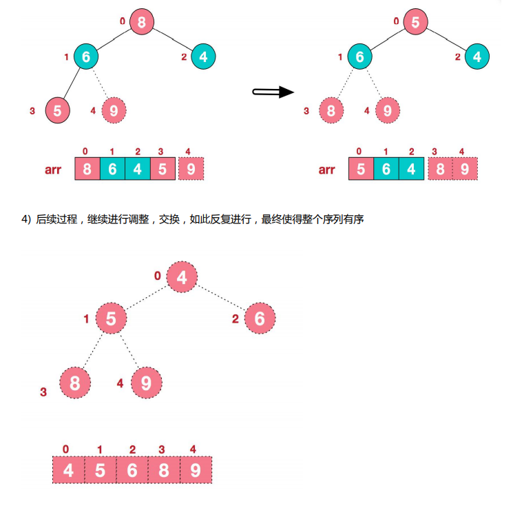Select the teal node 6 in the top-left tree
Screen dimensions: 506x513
pyautogui.click(x=86, y=57)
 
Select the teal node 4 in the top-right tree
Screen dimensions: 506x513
pyautogui.click(x=477, y=57)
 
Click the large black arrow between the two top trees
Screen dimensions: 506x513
pyautogui.click(x=273, y=92)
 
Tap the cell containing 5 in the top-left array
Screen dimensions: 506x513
pyautogui.click(x=163, y=169)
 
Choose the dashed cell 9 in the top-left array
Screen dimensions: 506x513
pyautogui.click(x=191, y=169)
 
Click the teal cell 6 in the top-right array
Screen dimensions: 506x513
pyautogui.click(x=386, y=169)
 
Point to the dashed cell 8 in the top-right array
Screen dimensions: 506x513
pyautogui.click(x=440, y=169)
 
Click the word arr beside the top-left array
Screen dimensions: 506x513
pyautogui.click(x=55, y=170)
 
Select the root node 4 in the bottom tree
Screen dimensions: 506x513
pyautogui.click(x=182, y=277)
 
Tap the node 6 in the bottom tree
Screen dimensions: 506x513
pyautogui.click(x=260, y=318)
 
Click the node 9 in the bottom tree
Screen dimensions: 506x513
pyautogui.click(x=145, y=383)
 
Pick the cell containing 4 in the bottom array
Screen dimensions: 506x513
pyautogui.click(x=68, y=471)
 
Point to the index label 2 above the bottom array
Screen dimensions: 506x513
pyautogui.click(x=132, y=449)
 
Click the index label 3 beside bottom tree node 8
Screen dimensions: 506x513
pyautogui.click(x=43, y=392)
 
